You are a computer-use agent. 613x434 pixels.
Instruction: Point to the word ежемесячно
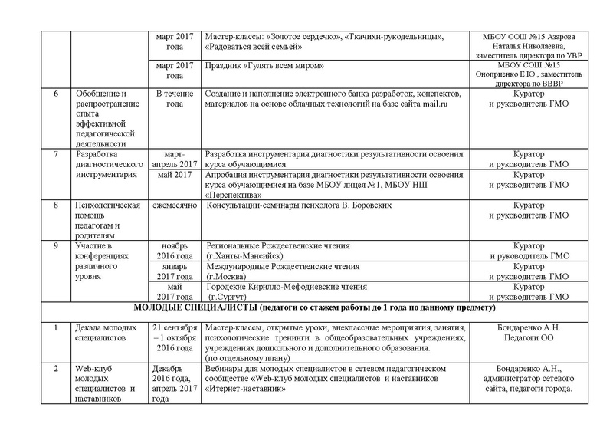[172, 206]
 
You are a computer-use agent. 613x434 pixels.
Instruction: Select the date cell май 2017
[172, 175]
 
